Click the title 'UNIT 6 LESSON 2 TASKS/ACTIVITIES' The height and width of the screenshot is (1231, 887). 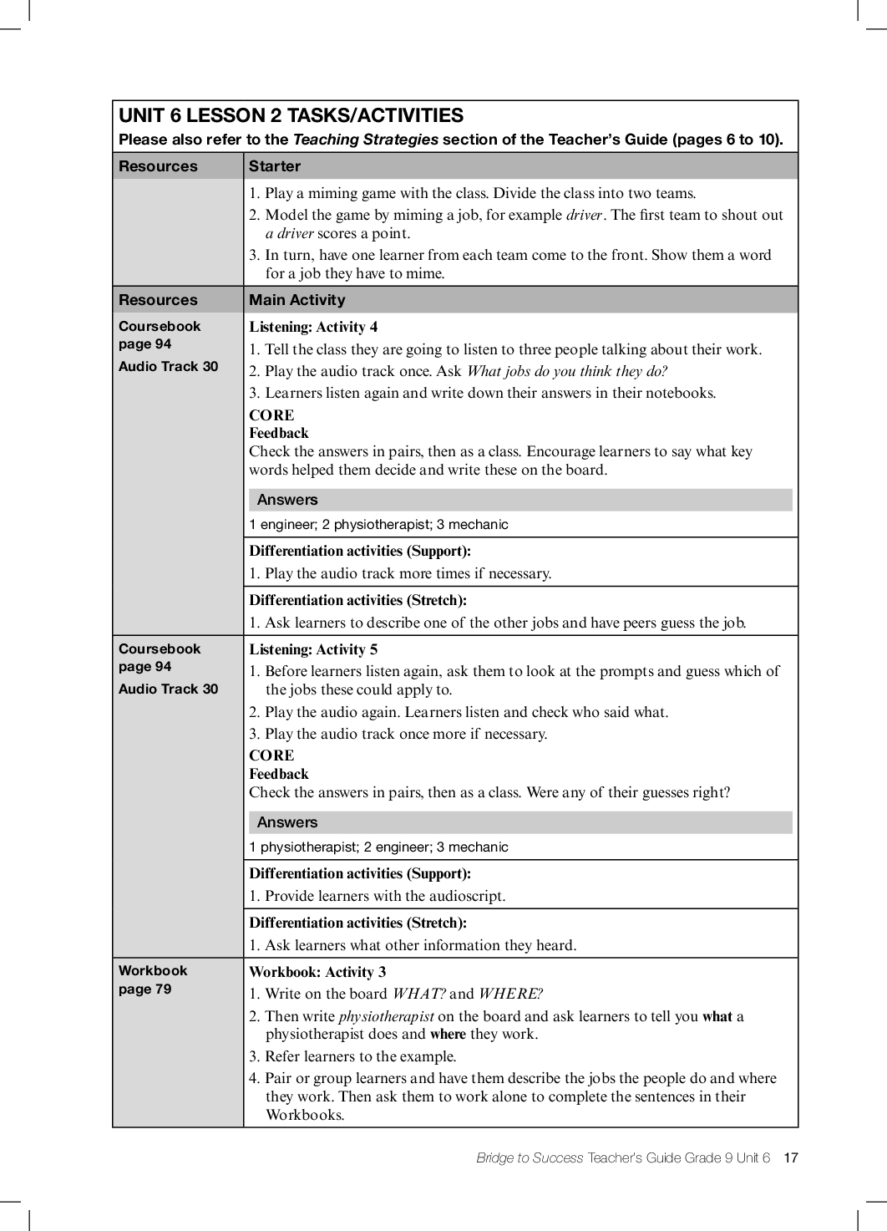click(x=291, y=116)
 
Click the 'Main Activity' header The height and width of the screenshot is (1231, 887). click(x=297, y=300)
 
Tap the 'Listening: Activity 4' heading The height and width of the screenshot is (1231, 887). click(x=313, y=327)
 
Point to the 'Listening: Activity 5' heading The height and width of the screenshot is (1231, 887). click(x=313, y=649)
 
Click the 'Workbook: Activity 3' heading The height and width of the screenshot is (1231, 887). click(x=317, y=972)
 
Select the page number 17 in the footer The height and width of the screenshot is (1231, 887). click(x=791, y=1157)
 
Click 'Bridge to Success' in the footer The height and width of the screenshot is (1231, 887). click(x=530, y=1157)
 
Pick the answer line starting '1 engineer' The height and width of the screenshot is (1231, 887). click(x=378, y=525)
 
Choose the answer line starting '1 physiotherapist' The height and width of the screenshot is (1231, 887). click(x=378, y=847)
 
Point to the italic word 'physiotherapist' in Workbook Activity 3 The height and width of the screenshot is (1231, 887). click(x=386, y=1016)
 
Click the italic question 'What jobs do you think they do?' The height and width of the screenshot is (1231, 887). click(x=567, y=371)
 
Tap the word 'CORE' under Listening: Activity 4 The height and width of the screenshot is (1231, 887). click(x=271, y=415)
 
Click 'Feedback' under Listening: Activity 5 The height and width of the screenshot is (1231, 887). click(x=279, y=774)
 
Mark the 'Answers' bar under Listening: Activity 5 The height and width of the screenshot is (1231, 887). click(x=520, y=822)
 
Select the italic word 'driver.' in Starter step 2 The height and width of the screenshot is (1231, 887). click(x=585, y=215)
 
